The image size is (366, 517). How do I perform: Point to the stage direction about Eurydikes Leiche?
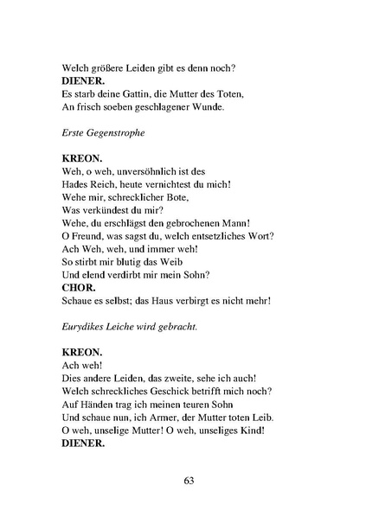pos(130,327)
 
